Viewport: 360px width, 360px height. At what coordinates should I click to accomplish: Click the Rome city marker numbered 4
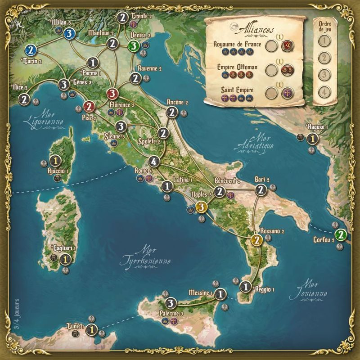click(154, 162)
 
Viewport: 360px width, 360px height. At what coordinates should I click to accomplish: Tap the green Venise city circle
click(133, 46)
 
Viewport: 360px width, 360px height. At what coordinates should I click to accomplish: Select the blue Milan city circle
click(69, 33)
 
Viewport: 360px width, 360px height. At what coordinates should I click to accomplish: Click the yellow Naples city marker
click(202, 207)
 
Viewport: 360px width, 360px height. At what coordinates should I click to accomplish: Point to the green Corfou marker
click(342, 234)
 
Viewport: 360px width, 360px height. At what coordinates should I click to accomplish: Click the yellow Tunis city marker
click(91, 330)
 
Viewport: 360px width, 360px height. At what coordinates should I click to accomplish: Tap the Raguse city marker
click(311, 139)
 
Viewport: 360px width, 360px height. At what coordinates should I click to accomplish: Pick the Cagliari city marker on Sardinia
click(65, 259)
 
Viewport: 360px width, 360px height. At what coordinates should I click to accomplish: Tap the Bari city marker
click(260, 191)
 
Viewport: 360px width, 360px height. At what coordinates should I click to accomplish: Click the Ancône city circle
click(171, 112)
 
